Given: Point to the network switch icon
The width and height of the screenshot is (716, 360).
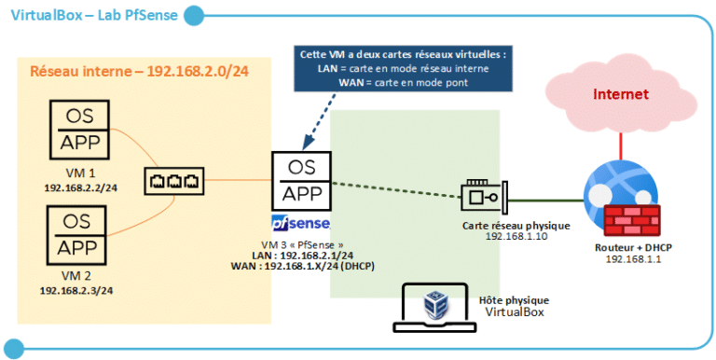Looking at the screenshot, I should (x=171, y=178).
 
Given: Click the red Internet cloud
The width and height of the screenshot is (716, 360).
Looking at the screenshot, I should (x=622, y=97).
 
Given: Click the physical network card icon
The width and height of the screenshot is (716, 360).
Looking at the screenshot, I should (x=485, y=197).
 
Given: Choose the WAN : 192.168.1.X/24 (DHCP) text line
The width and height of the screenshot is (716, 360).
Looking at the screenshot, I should (x=303, y=266).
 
